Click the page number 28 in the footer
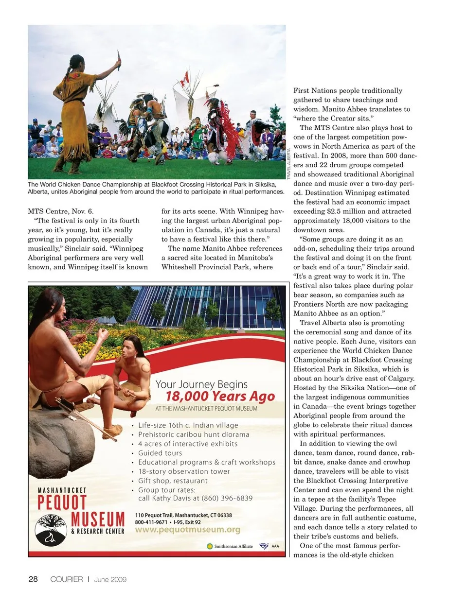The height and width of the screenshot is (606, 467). click(33, 579)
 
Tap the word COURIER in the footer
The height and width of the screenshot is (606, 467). click(67, 579)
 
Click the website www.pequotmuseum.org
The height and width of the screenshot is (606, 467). click(187, 530)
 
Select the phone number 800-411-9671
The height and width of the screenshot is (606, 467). click(151, 522)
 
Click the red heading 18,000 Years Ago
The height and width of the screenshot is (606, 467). click(220, 397)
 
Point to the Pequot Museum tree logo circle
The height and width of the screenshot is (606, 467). click(51, 530)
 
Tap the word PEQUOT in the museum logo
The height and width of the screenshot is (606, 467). click(62, 502)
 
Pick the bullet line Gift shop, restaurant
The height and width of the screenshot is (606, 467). click(173, 481)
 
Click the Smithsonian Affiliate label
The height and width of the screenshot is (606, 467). click(233, 546)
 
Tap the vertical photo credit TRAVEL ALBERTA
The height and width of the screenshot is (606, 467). click(288, 164)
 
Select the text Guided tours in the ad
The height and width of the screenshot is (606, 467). click(160, 453)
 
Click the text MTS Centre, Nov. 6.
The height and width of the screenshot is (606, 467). click(60, 211)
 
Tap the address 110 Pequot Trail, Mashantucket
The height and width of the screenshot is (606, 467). click(183, 515)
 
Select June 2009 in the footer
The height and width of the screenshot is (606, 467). click(110, 579)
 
